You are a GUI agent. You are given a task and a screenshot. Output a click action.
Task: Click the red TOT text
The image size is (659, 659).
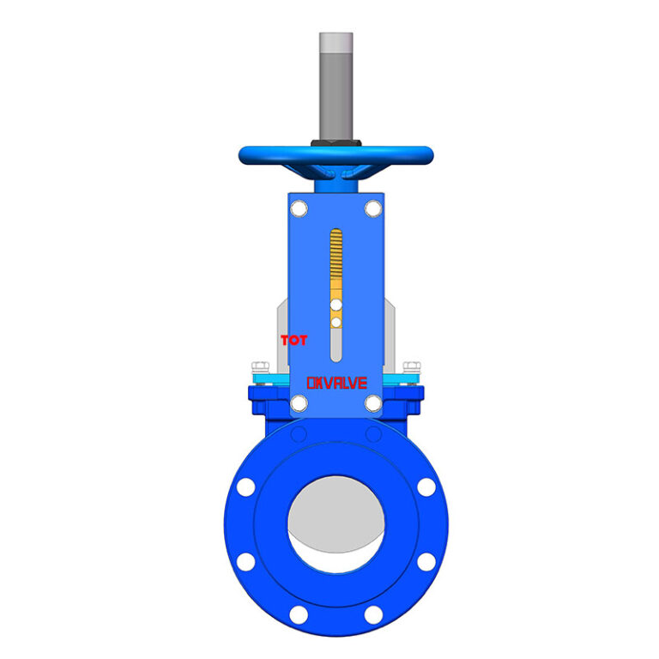pos(293,341)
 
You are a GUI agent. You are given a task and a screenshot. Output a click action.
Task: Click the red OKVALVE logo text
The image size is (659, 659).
pos(336,383)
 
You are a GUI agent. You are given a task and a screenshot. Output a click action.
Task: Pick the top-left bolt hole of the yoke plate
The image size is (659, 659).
pos(299,208)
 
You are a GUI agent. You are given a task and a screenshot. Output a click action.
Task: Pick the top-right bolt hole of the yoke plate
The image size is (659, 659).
pos(372,208)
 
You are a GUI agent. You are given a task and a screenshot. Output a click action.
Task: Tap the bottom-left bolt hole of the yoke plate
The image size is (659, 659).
pos(299,403)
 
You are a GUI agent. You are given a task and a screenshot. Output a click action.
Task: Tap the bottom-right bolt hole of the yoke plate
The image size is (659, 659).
pos(372,403)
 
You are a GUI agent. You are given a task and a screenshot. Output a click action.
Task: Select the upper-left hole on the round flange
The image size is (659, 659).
pos(245,487)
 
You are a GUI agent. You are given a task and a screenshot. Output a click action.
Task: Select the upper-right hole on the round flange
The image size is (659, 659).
pos(426,487)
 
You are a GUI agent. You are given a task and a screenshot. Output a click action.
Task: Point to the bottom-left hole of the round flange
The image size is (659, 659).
pos(299,614)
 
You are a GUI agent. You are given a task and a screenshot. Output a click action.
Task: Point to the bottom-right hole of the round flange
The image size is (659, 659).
pos(372,614)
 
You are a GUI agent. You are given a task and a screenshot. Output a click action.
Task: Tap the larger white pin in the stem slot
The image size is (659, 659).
pos(336,305)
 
